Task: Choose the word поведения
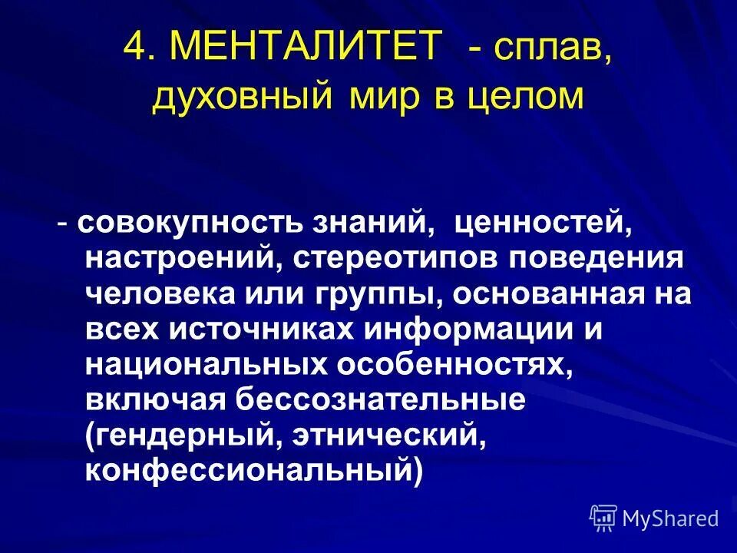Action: click(x=594, y=259)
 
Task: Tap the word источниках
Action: click(x=259, y=329)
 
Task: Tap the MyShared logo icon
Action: click(x=604, y=517)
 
